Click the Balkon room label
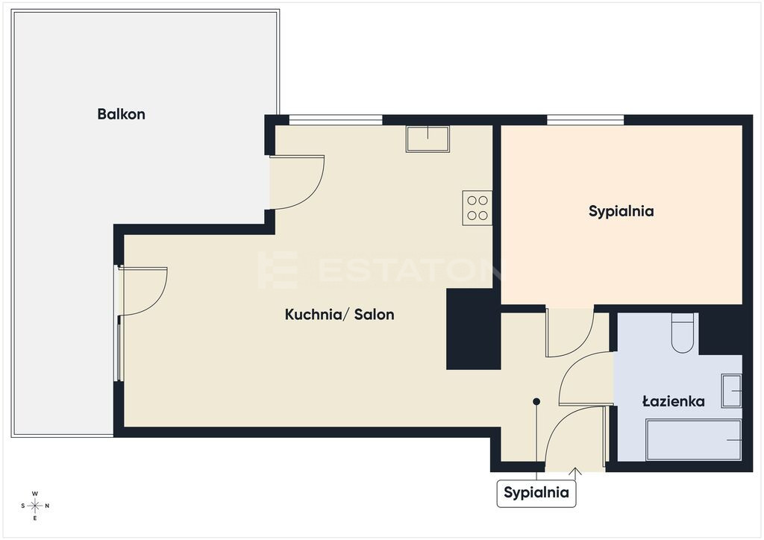point(122,114)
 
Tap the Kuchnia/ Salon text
point(339,315)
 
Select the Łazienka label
point(674,401)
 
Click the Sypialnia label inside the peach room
point(621,211)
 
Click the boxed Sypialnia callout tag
point(536,493)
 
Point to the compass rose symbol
point(35,506)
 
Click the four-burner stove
point(477,208)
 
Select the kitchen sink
point(428,139)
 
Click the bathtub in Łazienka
point(694,440)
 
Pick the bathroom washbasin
point(731,391)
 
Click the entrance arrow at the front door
point(575,473)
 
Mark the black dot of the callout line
point(536,402)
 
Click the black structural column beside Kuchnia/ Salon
point(474,329)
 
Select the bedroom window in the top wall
point(585,120)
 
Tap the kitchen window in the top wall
point(336,120)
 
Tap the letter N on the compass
point(47,506)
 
